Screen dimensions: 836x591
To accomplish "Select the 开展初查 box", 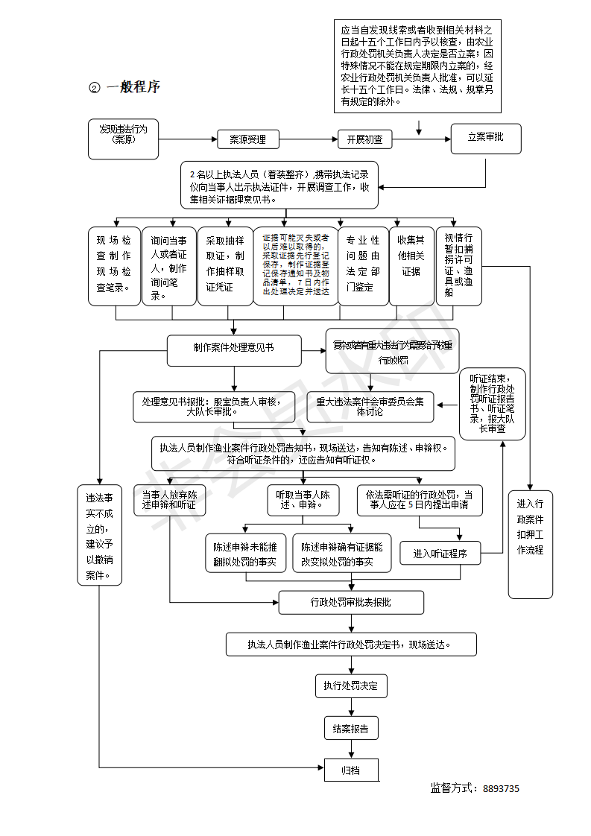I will coord(365,139).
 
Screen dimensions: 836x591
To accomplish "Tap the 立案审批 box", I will coord(485,138).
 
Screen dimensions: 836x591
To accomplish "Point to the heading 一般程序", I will coord(133,86).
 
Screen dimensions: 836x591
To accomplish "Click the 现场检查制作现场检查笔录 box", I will coord(114,266).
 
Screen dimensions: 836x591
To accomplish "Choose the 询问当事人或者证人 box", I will coord(169,266).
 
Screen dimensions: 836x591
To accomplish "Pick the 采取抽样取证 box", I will coord(225,266).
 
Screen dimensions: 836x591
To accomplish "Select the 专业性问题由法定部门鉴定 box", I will coord(364,266).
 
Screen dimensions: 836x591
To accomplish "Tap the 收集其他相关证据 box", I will coord(411,266).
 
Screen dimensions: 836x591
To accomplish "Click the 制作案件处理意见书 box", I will coord(234,350).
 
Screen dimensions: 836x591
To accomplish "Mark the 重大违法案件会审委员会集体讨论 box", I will coord(370,406).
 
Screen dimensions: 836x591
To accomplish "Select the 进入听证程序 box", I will coord(440,554).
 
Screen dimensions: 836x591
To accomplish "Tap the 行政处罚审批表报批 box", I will coord(351,602).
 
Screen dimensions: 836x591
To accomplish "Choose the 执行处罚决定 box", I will coord(350,685).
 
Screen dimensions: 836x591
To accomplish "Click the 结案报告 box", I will coord(350,728).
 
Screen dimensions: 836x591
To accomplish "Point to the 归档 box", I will coord(351,770).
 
